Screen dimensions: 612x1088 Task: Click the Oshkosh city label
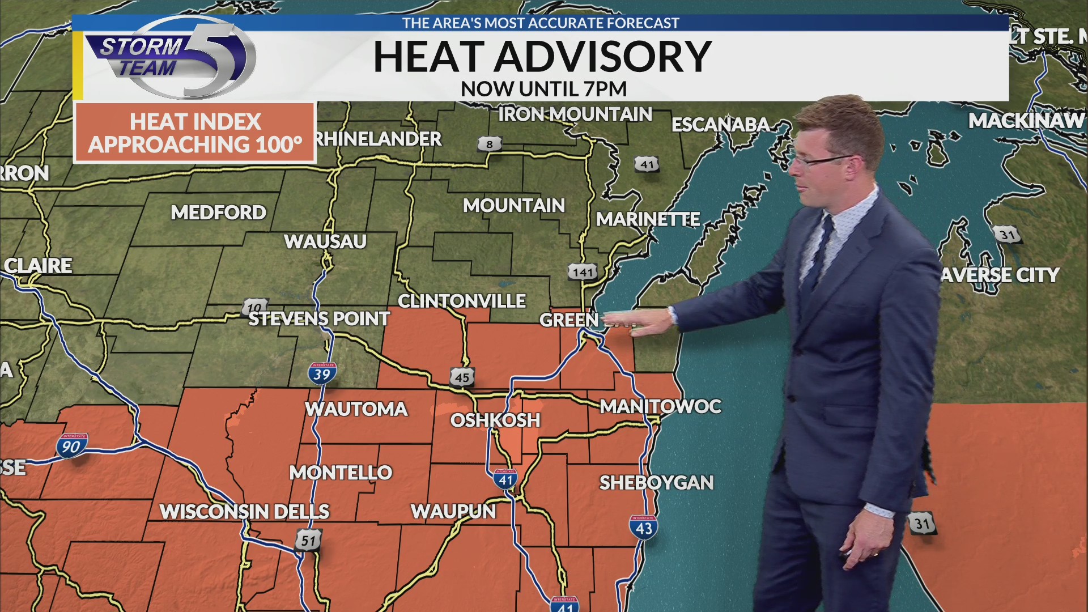(x=495, y=420)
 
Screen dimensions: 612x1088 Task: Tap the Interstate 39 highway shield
(x=322, y=373)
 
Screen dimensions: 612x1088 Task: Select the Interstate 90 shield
(x=71, y=446)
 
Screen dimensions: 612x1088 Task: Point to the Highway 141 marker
(x=583, y=273)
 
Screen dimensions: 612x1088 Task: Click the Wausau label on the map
(x=325, y=241)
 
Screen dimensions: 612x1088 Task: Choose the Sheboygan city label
(x=656, y=483)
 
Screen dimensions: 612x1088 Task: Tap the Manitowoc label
(x=660, y=406)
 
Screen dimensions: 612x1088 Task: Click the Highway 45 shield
(x=462, y=377)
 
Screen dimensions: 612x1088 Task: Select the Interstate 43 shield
(x=644, y=528)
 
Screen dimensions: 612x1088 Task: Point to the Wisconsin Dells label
(x=244, y=512)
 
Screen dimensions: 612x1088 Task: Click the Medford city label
(x=218, y=212)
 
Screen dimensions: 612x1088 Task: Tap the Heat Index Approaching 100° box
(x=195, y=133)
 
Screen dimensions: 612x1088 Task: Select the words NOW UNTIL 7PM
(x=543, y=89)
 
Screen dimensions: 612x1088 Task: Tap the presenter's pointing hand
(x=652, y=324)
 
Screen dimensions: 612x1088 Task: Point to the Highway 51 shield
(x=308, y=540)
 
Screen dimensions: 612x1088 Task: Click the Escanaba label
(x=720, y=125)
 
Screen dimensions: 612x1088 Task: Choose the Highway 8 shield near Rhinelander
(x=490, y=144)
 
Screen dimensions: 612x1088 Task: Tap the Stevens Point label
(x=319, y=319)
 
